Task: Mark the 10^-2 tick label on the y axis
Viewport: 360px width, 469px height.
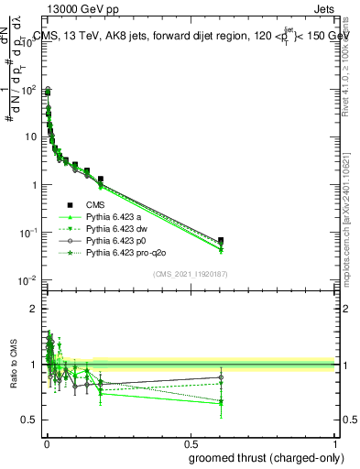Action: (27, 279)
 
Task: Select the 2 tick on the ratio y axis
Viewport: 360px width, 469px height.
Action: (35, 309)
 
